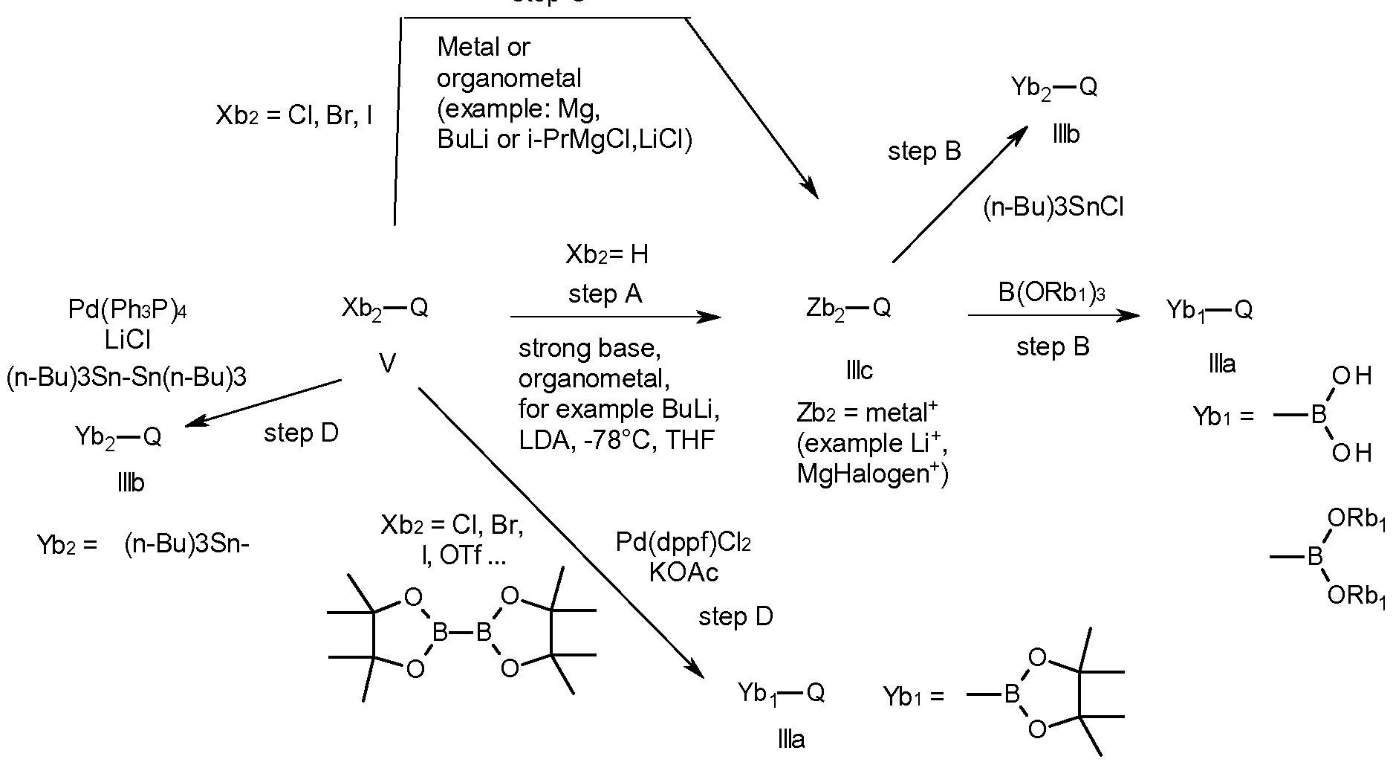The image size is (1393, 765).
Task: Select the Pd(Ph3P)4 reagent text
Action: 127,309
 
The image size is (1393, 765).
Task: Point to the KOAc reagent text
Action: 683,572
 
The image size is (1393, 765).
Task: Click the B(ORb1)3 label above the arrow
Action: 1051,293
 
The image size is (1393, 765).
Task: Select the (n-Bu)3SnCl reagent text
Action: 1053,208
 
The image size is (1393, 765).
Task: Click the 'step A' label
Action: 605,294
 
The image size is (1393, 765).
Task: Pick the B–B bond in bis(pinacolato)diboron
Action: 462,633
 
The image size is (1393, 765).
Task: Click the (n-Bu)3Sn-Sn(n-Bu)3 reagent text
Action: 127,378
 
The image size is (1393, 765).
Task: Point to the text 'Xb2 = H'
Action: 607,255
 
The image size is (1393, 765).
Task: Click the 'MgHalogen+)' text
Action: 872,474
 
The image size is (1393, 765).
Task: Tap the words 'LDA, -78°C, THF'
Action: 617,440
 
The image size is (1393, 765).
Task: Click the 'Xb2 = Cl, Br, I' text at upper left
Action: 294,116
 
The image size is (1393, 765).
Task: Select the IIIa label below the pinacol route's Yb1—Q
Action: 790,740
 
